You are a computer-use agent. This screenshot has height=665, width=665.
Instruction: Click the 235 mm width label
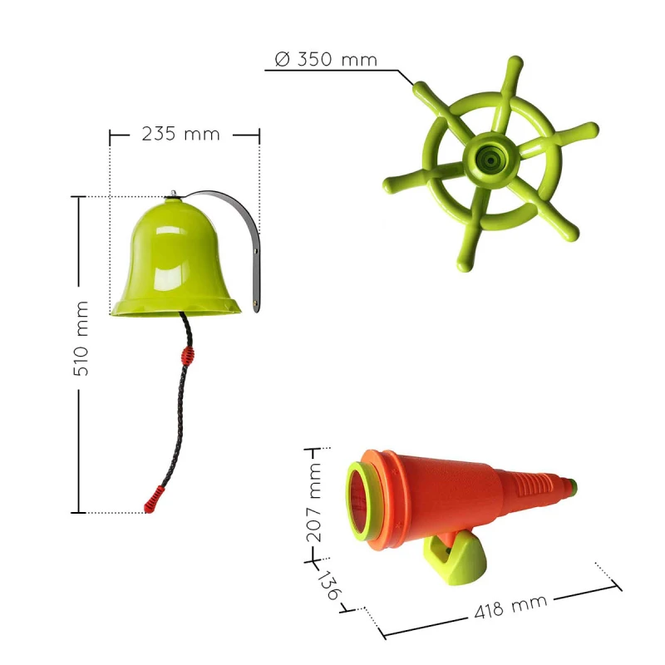tap(181, 134)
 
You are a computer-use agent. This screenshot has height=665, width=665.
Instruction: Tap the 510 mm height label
tap(81, 338)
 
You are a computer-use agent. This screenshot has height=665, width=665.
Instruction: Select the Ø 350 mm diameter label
tap(326, 59)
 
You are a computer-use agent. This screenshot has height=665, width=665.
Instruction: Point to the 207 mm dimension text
tap(314, 503)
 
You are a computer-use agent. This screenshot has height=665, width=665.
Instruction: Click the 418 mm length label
tap(510, 607)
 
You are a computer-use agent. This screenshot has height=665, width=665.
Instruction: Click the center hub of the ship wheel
tap(490, 160)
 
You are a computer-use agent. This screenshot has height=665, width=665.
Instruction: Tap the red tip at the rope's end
tap(154, 500)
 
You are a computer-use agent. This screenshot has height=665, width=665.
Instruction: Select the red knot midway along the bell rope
tap(188, 356)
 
